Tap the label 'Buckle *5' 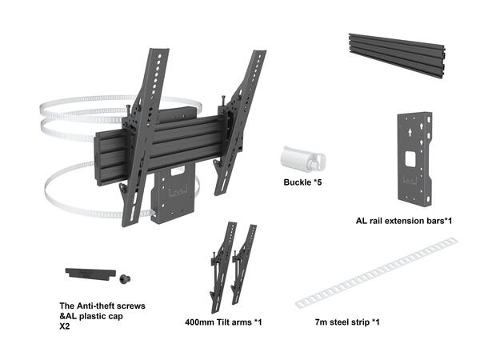click(x=303, y=182)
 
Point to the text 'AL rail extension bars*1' click(x=404, y=219)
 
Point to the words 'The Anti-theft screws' click(x=102, y=306)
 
